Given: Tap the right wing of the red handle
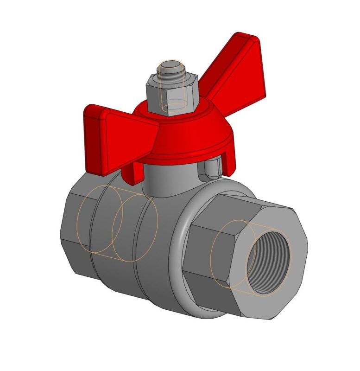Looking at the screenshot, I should coord(236,79).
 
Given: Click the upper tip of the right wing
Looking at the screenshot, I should coord(250,39).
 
